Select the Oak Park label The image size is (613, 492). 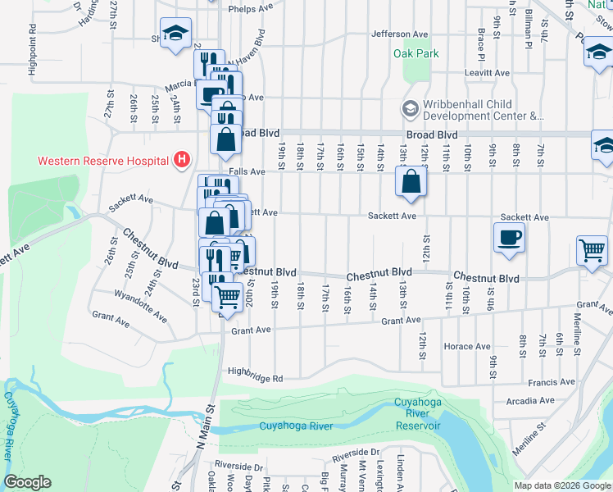tap(416, 54)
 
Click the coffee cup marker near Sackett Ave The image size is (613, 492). tap(510, 237)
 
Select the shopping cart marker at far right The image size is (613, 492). tap(591, 250)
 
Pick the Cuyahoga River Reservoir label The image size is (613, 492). tap(418, 413)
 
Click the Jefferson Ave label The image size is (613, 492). tap(400, 34)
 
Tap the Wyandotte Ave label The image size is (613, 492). tap(141, 305)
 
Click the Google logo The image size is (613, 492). tap(27, 482)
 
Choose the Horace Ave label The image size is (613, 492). tap(465, 346)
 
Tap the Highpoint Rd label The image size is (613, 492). tap(33, 50)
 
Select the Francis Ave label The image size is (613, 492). tap(552, 382)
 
